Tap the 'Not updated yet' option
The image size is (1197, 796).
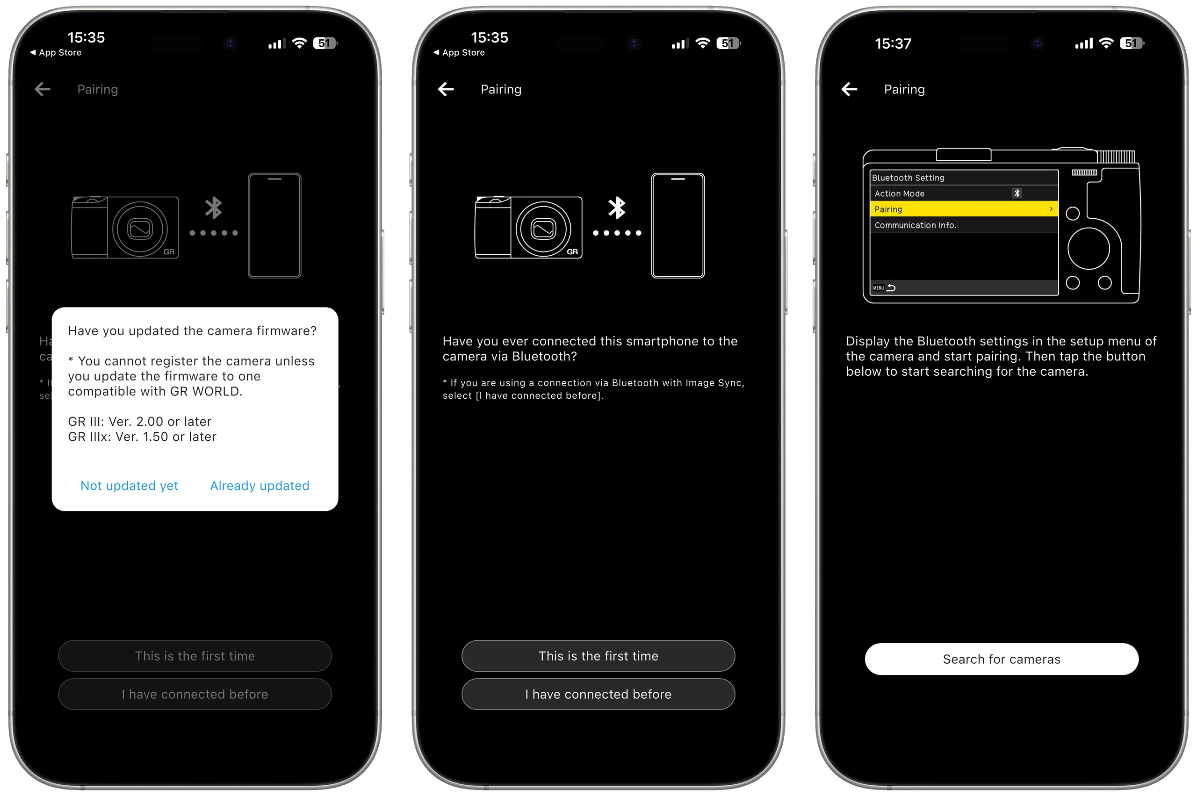click(129, 486)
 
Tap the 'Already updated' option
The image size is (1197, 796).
click(260, 486)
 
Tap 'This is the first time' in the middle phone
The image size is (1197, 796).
click(598, 656)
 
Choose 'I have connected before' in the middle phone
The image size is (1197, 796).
click(598, 694)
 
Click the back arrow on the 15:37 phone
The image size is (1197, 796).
click(849, 89)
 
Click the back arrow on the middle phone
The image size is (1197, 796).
click(446, 89)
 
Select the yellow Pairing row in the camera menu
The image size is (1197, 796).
click(963, 209)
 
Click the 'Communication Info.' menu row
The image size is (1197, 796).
click(963, 225)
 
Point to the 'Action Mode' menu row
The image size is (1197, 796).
click(963, 194)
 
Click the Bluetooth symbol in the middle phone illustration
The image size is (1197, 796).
click(617, 208)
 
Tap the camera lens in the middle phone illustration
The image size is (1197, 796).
click(543, 229)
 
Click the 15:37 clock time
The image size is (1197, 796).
click(892, 43)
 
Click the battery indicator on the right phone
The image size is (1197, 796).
click(1132, 43)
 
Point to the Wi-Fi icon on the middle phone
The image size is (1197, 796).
click(702, 43)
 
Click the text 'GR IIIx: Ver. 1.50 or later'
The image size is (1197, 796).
click(142, 437)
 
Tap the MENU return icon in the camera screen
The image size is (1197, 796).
click(884, 288)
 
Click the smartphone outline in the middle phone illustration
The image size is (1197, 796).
click(678, 225)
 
